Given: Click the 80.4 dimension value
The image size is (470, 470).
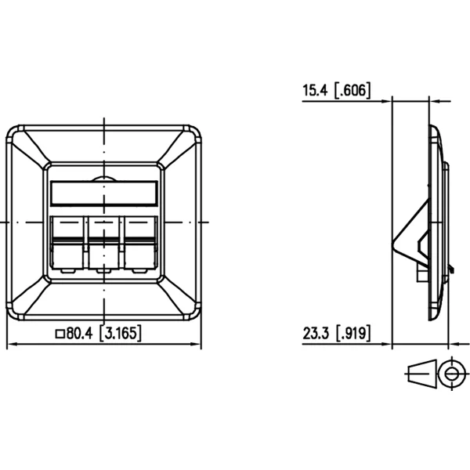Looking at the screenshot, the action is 80,333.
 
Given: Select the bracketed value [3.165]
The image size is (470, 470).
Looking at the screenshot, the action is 120,333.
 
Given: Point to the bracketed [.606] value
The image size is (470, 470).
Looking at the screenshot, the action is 352,90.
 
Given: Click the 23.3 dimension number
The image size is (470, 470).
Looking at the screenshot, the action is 316,333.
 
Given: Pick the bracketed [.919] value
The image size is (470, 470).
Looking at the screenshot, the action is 352,333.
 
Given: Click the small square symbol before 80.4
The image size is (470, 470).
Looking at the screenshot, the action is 60,334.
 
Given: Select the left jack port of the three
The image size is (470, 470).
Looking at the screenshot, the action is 67,243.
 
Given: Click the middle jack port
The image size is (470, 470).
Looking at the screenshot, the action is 103,243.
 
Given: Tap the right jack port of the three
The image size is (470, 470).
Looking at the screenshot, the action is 140,243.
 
